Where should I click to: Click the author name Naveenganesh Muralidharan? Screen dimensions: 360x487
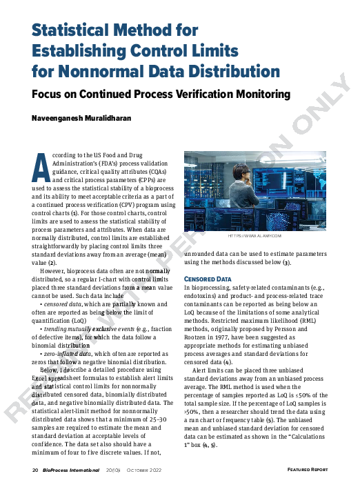coord(84,118)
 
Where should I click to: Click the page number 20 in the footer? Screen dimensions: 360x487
coord(35,470)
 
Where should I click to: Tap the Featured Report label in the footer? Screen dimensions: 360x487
coord(308,470)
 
